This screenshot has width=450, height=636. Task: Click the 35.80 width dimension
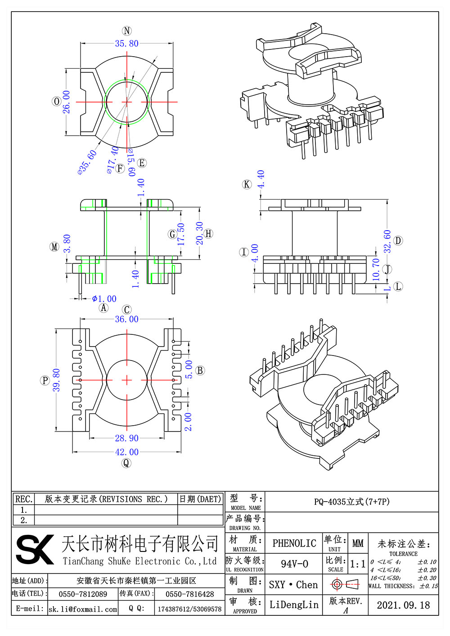(126, 44)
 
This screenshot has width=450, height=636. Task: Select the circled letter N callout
(127, 31)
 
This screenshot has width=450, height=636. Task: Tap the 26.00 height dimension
(66, 102)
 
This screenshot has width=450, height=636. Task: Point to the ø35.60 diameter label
(87, 162)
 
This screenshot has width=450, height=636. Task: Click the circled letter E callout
(142, 163)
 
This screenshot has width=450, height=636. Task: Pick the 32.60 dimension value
(387, 241)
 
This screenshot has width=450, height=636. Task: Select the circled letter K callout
(247, 184)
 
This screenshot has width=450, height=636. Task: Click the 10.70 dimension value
(376, 269)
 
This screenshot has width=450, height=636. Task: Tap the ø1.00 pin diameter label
(104, 299)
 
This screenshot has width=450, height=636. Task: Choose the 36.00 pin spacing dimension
(126, 319)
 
